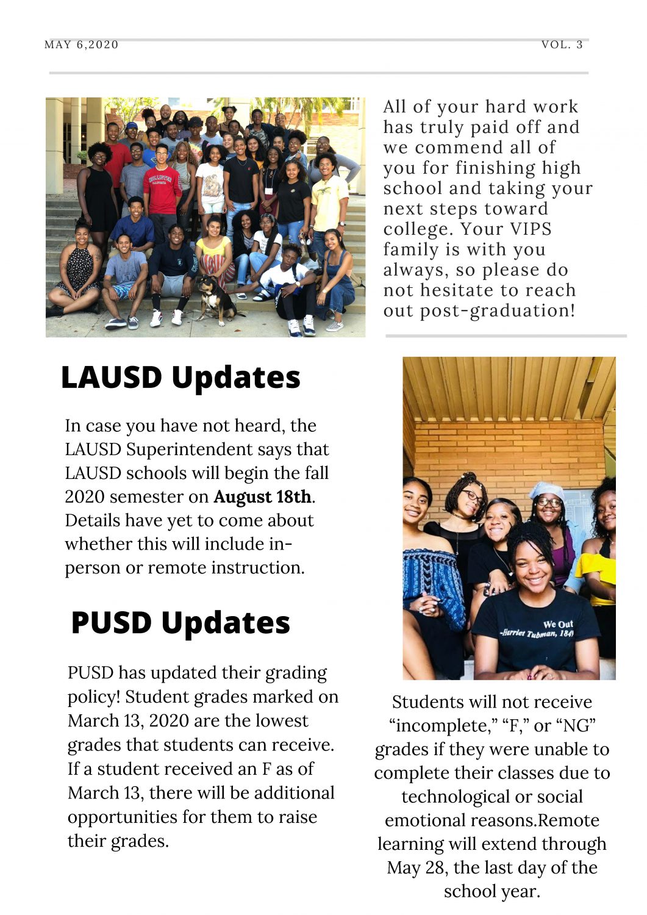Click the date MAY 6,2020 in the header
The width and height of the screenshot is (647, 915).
pyautogui.click(x=82, y=45)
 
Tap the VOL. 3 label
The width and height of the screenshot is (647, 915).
pyautogui.click(x=562, y=45)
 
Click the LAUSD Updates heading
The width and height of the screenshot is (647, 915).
pyautogui.click(x=181, y=377)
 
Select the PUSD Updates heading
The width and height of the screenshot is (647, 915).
pyautogui.click(x=181, y=623)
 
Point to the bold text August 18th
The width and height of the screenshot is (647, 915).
pyautogui.click(x=262, y=497)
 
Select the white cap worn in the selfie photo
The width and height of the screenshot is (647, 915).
pyautogui.click(x=546, y=489)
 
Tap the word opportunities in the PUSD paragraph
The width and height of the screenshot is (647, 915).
pyautogui.click(x=123, y=817)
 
